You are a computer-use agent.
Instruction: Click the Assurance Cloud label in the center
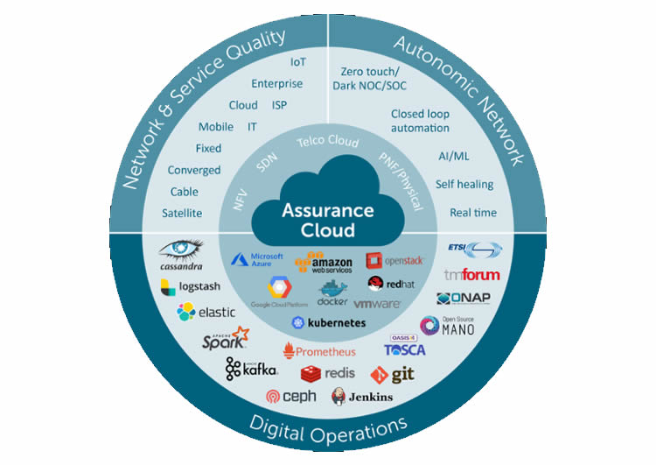[x=327, y=221]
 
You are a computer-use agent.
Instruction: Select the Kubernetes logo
[x=327, y=323]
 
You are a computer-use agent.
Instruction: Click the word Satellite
[x=182, y=213]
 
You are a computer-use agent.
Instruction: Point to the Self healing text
[x=464, y=184]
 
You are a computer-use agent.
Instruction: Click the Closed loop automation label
[x=420, y=121]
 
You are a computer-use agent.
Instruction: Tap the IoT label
[x=298, y=62]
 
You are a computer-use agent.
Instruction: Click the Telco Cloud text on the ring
[x=328, y=142]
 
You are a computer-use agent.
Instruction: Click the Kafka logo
[x=251, y=369]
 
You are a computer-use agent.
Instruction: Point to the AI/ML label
[x=455, y=156]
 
